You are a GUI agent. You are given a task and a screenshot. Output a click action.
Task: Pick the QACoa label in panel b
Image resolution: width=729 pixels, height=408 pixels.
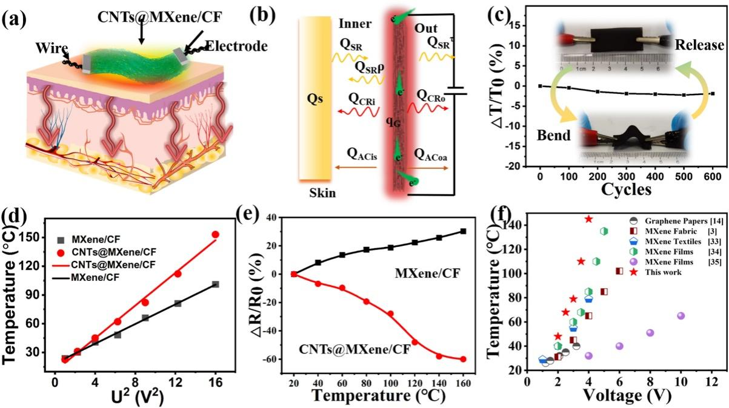[x=431, y=154]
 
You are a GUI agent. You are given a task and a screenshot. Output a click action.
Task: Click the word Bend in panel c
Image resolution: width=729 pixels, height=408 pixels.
[x=553, y=134]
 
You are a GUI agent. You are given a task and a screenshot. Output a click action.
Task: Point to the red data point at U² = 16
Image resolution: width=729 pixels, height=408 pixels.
[x=215, y=234]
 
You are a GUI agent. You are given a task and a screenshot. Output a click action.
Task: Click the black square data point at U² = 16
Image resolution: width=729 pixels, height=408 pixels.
[x=216, y=284]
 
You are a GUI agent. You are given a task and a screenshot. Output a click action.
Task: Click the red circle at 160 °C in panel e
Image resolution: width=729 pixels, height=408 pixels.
[x=463, y=359]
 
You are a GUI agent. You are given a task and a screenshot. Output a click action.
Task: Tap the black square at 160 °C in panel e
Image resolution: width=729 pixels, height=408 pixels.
[x=463, y=231]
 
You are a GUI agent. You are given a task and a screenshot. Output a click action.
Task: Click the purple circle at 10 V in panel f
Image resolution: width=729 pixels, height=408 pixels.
[x=681, y=315]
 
